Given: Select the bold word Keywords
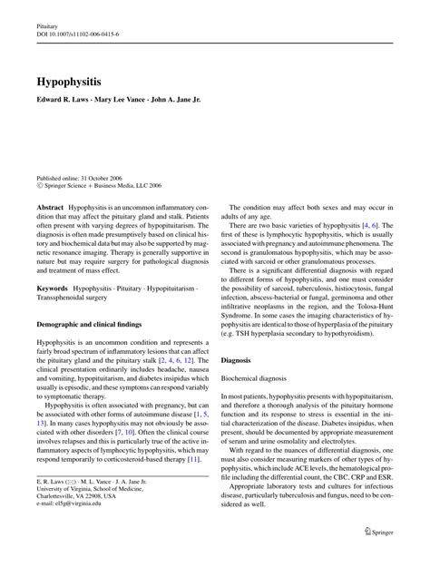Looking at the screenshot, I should click(x=53, y=288).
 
